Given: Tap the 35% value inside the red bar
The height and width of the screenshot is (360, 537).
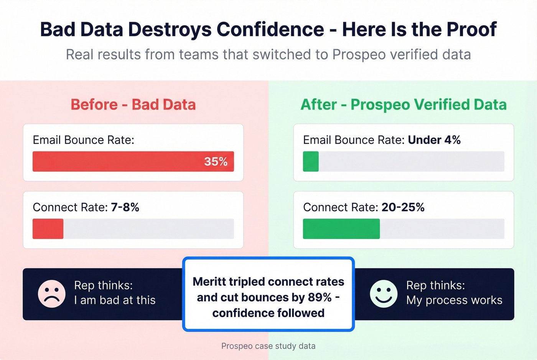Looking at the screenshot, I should (216, 161).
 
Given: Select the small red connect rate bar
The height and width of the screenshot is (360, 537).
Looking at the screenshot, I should (48, 229).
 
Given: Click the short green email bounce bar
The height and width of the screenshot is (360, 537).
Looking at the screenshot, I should (311, 161).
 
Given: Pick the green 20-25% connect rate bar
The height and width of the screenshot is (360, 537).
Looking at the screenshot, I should (341, 229).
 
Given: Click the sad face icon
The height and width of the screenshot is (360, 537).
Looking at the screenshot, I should (52, 294).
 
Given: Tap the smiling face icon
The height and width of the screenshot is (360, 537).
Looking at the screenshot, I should (383, 294).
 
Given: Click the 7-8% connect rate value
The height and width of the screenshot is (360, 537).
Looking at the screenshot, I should (125, 207).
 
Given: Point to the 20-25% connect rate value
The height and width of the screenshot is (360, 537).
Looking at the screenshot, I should (403, 207).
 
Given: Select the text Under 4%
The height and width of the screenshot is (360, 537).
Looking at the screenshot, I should (434, 140).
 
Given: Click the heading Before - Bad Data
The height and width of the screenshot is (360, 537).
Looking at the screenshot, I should (133, 105).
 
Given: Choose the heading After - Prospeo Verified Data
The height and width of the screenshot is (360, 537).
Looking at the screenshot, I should (404, 105).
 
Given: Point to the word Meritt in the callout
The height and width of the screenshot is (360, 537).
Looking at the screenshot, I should (209, 282).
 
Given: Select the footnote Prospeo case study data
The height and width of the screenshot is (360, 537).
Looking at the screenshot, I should (268, 346).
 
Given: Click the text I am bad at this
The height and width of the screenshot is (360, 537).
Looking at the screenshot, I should (115, 300).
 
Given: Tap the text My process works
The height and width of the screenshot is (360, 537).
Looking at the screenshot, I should (454, 300).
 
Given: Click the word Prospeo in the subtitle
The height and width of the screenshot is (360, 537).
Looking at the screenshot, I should (359, 54).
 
